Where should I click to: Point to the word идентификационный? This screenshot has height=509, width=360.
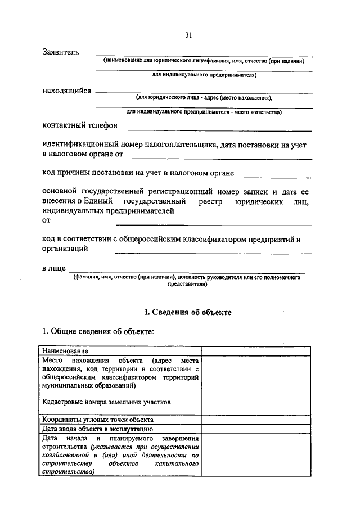(x=83, y=145)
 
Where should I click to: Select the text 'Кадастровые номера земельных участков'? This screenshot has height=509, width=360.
(x=106, y=403)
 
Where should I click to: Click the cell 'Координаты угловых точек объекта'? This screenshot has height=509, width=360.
(x=97, y=420)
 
